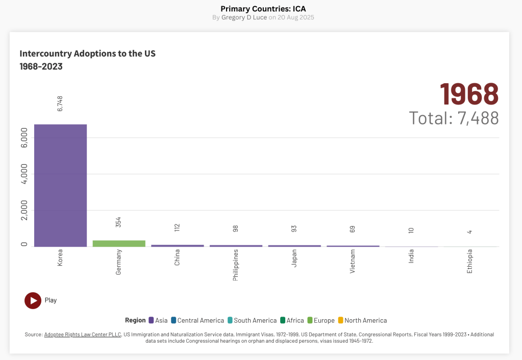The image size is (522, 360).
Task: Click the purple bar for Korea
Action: (x=60, y=185)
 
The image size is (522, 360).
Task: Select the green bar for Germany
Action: (x=119, y=244)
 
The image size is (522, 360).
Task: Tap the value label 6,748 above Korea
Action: (x=60, y=104)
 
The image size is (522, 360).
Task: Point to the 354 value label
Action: (x=118, y=222)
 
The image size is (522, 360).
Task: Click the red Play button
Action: (x=33, y=300)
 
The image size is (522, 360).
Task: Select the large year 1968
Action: (x=469, y=94)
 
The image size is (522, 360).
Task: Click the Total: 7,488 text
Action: (x=454, y=118)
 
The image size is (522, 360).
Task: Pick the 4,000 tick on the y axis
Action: (x=24, y=173)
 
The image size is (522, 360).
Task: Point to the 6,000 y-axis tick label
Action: (x=24, y=137)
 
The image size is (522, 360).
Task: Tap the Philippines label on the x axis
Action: (x=236, y=265)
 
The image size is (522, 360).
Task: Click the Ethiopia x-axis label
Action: (x=470, y=261)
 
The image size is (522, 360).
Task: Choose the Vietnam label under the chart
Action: (x=353, y=261)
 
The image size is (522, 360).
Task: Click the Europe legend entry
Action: (x=321, y=320)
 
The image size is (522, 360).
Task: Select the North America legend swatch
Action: (x=340, y=320)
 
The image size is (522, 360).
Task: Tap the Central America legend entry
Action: (x=197, y=320)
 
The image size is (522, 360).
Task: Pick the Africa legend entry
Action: (x=292, y=320)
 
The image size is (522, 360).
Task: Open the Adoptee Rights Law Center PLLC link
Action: (x=83, y=335)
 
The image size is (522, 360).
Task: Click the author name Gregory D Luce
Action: (x=244, y=17)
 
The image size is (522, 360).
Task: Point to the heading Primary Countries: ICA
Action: (x=263, y=9)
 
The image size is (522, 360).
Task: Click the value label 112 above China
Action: (x=177, y=227)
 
